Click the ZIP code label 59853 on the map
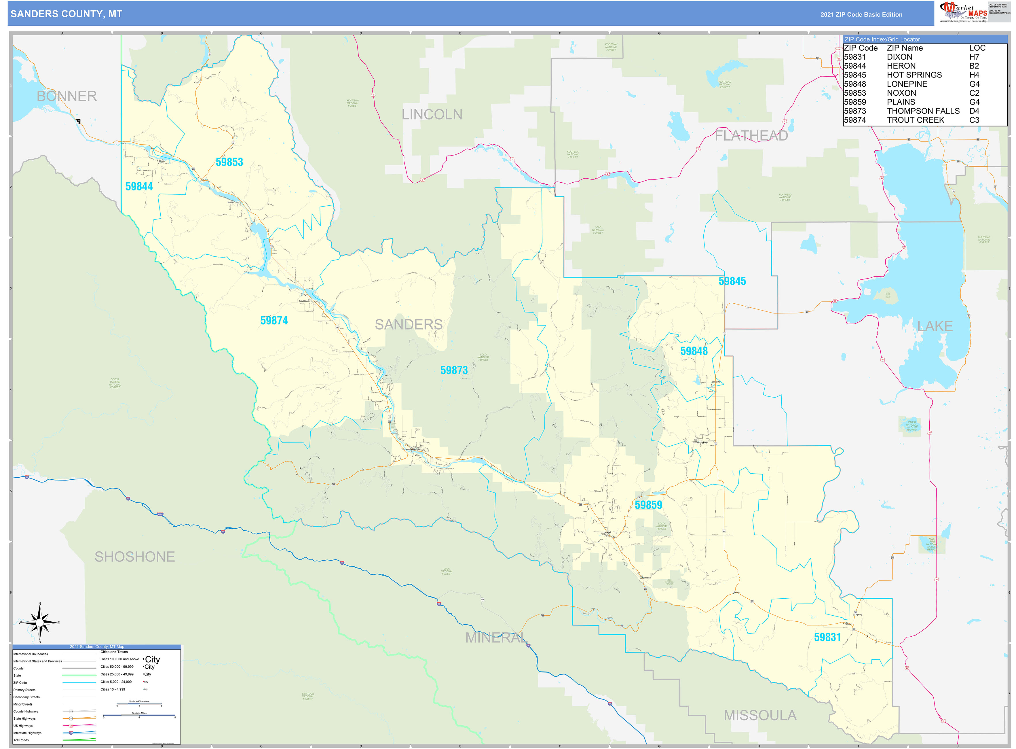(229, 162)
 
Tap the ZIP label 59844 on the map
(139, 186)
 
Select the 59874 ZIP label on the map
(274, 321)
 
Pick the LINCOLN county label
(432, 115)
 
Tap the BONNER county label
(67, 96)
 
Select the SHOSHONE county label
(134, 557)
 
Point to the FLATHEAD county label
(751, 136)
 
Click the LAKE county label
(935, 326)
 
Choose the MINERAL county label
(496, 638)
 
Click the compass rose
(40, 623)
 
